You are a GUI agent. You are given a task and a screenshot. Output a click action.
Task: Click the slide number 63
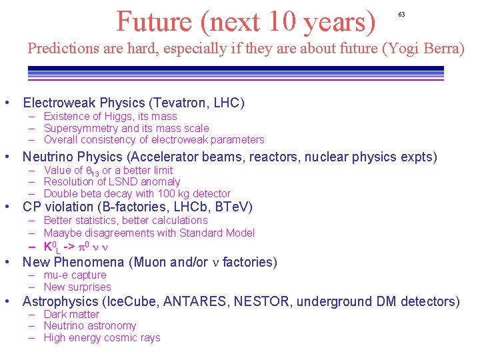click(x=401, y=14)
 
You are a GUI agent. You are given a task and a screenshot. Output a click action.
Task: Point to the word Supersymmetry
click(x=81, y=128)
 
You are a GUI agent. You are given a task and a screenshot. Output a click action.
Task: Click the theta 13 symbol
click(x=93, y=171)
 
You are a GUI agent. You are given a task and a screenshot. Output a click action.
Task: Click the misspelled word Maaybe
click(x=62, y=233)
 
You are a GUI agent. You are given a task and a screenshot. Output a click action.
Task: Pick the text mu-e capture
click(x=75, y=275)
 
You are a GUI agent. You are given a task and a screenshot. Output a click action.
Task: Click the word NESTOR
click(x=261, y=301)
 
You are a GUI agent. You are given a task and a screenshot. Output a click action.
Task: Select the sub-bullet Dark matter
click(x=71, y=314)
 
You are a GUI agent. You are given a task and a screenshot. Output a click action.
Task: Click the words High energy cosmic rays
click(x=102, y=337)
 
